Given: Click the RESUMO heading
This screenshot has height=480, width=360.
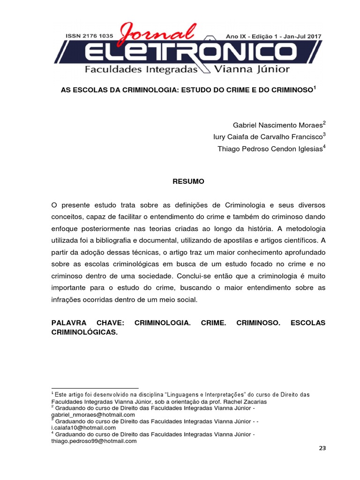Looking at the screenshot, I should (x=186, y=181).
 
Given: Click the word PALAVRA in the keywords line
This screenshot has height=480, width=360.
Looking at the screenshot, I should (x=70, y=323).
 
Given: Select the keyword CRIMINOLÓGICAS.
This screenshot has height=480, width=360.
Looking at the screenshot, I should (x=84, y=332).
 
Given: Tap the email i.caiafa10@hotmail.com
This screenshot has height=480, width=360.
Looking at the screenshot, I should (x=83, y=428).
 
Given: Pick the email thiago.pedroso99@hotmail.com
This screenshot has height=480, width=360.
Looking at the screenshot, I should (x=94, y=441).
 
